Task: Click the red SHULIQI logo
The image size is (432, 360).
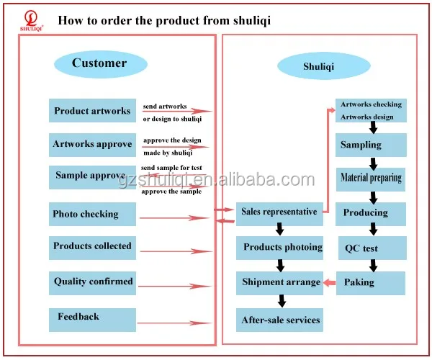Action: [x=31, y=21]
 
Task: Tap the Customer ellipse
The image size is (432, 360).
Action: [x=101, y=64]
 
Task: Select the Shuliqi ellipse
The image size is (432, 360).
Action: [x=324, y=66]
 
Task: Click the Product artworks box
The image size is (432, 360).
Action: [x=92, y=110]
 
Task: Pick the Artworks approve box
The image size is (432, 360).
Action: [x=92, y=145]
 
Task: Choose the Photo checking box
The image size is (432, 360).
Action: [x=92, y=214]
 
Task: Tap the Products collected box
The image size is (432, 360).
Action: [x=92, y=248]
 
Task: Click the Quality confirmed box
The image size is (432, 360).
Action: [x=92, y=283]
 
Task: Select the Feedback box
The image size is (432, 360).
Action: [x=92, y=320]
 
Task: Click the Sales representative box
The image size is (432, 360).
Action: [x=279, y=214]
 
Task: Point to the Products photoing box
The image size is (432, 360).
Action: [x=279, y=248]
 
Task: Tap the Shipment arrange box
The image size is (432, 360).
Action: [x=279, y=283]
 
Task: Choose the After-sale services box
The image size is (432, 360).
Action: [x=279, y=320]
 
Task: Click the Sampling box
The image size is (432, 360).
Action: [x=371, y=145]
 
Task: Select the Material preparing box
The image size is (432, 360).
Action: [x=371, y=179]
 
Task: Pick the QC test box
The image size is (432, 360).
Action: [x=372, y=248]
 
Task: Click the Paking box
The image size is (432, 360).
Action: [x=371, y=283]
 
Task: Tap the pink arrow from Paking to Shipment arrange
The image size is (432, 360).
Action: [x=330, y=283]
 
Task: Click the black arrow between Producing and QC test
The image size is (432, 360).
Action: [x=373, y=229]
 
